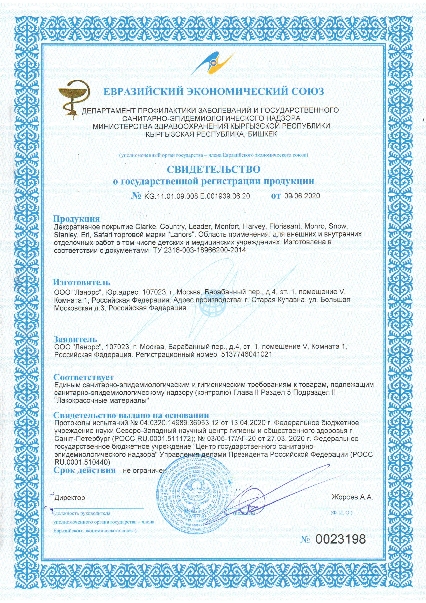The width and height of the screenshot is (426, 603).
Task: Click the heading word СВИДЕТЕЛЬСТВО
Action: pos(213,169)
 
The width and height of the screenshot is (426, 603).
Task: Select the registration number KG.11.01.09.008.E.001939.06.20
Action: pos(197,196)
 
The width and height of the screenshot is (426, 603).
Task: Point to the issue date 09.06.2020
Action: pos(302,196)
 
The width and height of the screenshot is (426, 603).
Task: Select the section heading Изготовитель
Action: pos(81,282)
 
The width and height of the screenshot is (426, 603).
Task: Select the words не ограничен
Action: pos(145,470)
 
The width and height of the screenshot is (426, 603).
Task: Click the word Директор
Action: pos(70,498)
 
